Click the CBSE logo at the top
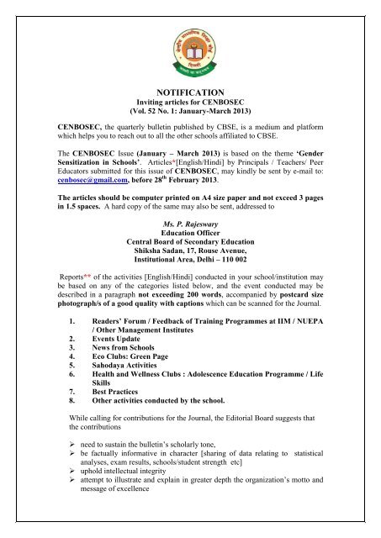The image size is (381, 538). pos(190,40)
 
